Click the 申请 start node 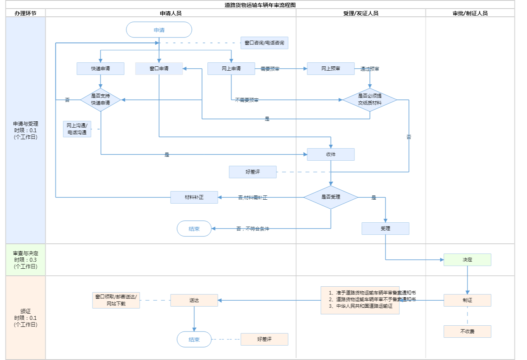tap(159, 30)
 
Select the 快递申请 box tap(100, 69)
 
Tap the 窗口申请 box tap(159, 69)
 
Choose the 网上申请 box tap(231, 69)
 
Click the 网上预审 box tap(331, 69)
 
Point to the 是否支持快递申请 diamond tap(100, 99)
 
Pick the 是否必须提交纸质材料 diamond tap(370, 99)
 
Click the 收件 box tap(331, 154)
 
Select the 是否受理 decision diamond tap(331, 197)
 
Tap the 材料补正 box tap(194, 197)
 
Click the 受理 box tap(385, 229)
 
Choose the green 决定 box tap(467, 260)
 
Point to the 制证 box tap(467, 300)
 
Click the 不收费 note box tap(467, 332)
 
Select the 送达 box tap(194, 300)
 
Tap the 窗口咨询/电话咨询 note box tap(264, 43)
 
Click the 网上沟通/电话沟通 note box tap(77, 129)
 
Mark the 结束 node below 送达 tap(194, 339)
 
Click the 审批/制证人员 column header tap(470, 13)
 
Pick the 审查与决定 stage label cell tap(26, 260)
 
